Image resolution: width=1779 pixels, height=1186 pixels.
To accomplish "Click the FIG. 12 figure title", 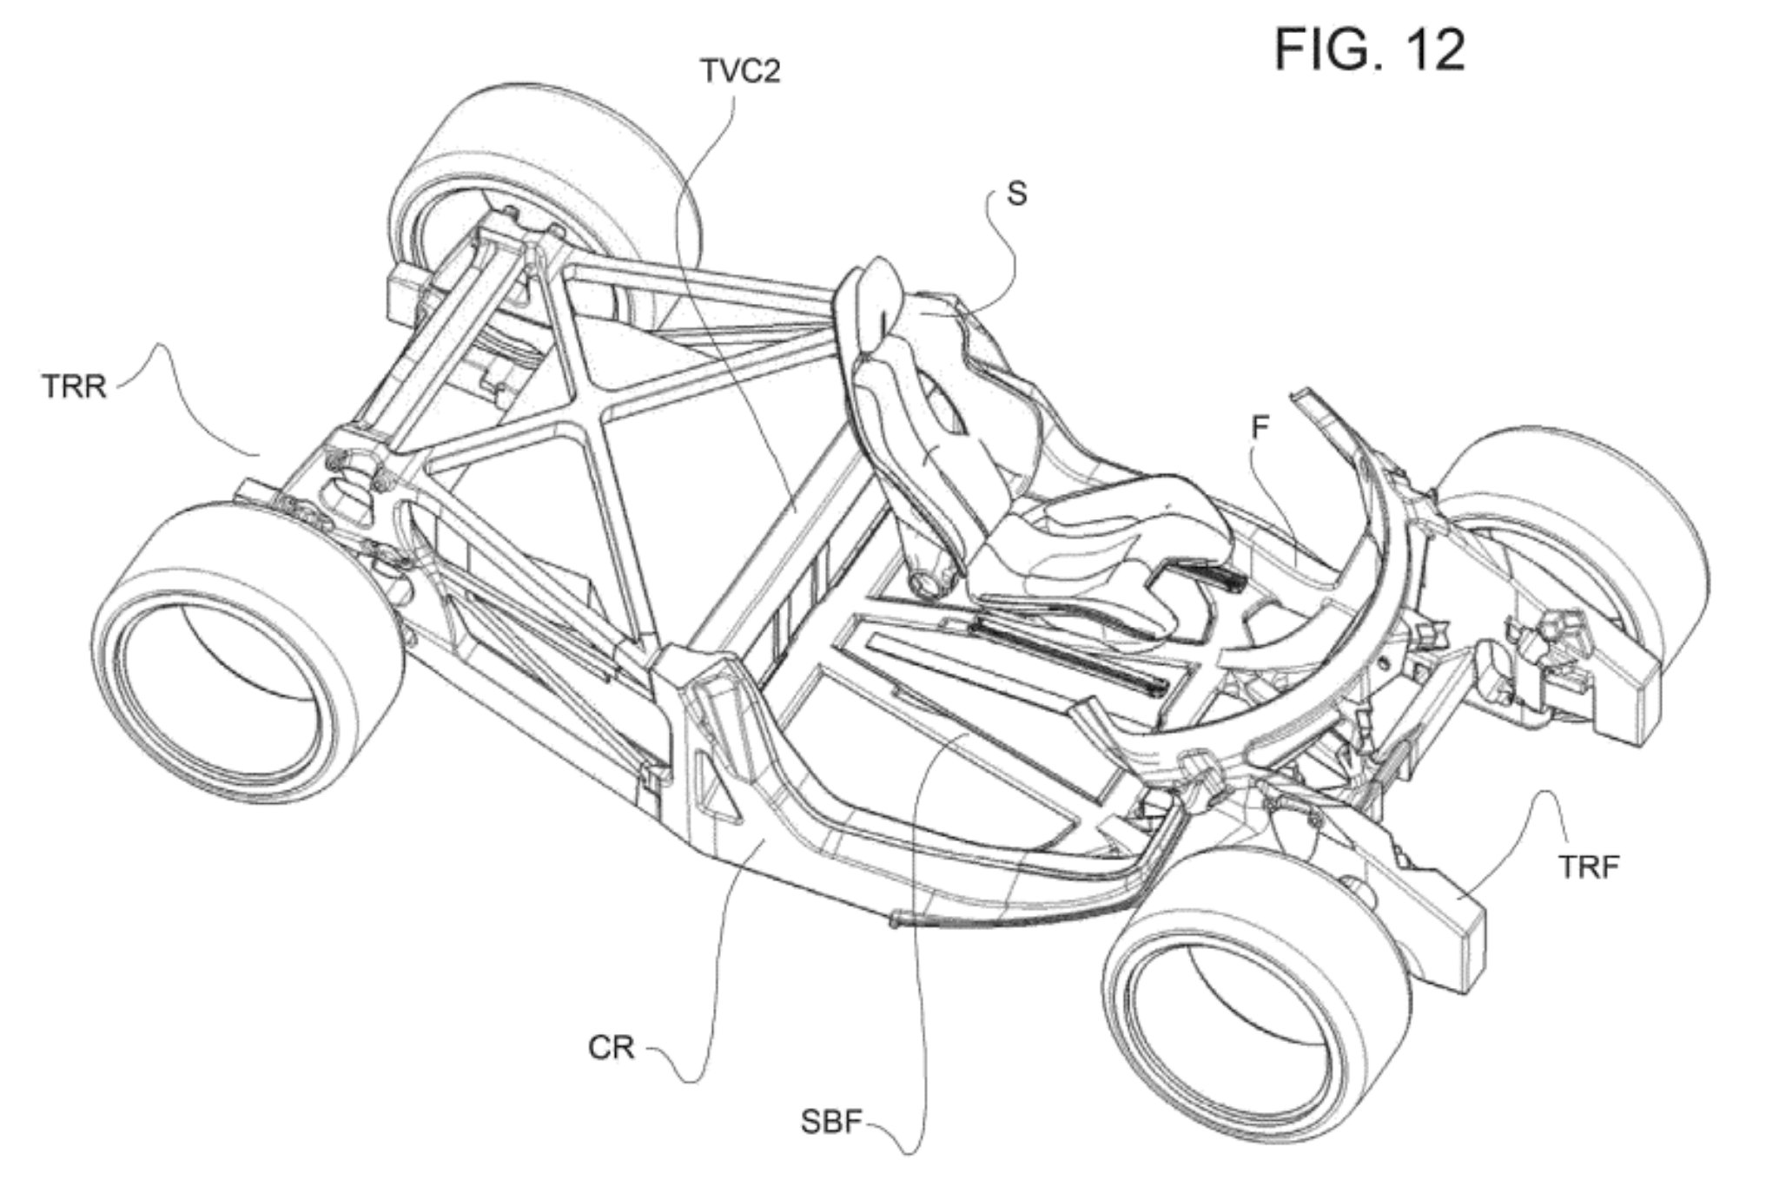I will tap(1370, 49).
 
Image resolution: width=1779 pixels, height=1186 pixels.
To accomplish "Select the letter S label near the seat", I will tap(1016, 194).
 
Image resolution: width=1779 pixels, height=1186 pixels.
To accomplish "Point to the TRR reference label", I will tap(74, 385).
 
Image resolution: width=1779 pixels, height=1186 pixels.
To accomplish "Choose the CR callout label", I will tap(612, 1048).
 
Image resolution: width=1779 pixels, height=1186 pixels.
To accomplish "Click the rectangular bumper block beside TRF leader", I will tap(1433, 938).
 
